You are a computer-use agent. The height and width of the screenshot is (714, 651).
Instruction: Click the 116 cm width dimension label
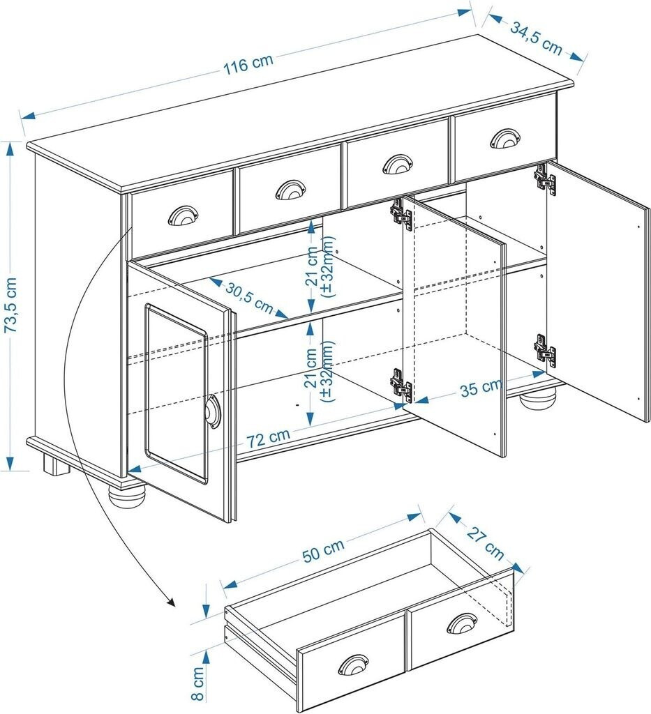[248, 63]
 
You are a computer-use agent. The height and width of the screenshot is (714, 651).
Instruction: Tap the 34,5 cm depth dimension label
[537, 38]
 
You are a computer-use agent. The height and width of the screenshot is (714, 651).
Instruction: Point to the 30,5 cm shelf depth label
[248, 297]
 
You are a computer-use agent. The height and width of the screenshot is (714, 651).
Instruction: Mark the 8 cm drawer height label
[198, 683]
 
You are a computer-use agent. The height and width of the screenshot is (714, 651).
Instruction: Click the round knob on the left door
[211, 411]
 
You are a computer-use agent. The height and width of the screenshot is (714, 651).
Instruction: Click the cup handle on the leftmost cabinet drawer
[183, 215]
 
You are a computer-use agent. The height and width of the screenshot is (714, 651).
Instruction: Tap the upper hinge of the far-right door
[545, 179]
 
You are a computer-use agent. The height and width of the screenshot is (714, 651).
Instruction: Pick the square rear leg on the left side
[54, 465]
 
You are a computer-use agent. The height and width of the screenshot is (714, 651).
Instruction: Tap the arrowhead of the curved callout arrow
[170, 602]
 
